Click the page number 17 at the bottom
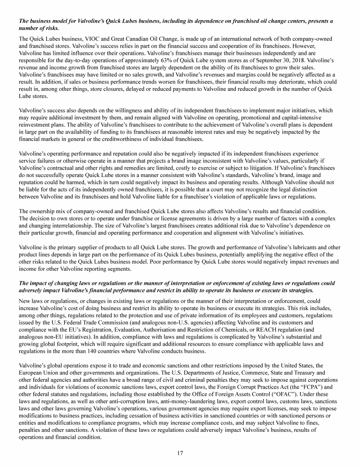(180, 453)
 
